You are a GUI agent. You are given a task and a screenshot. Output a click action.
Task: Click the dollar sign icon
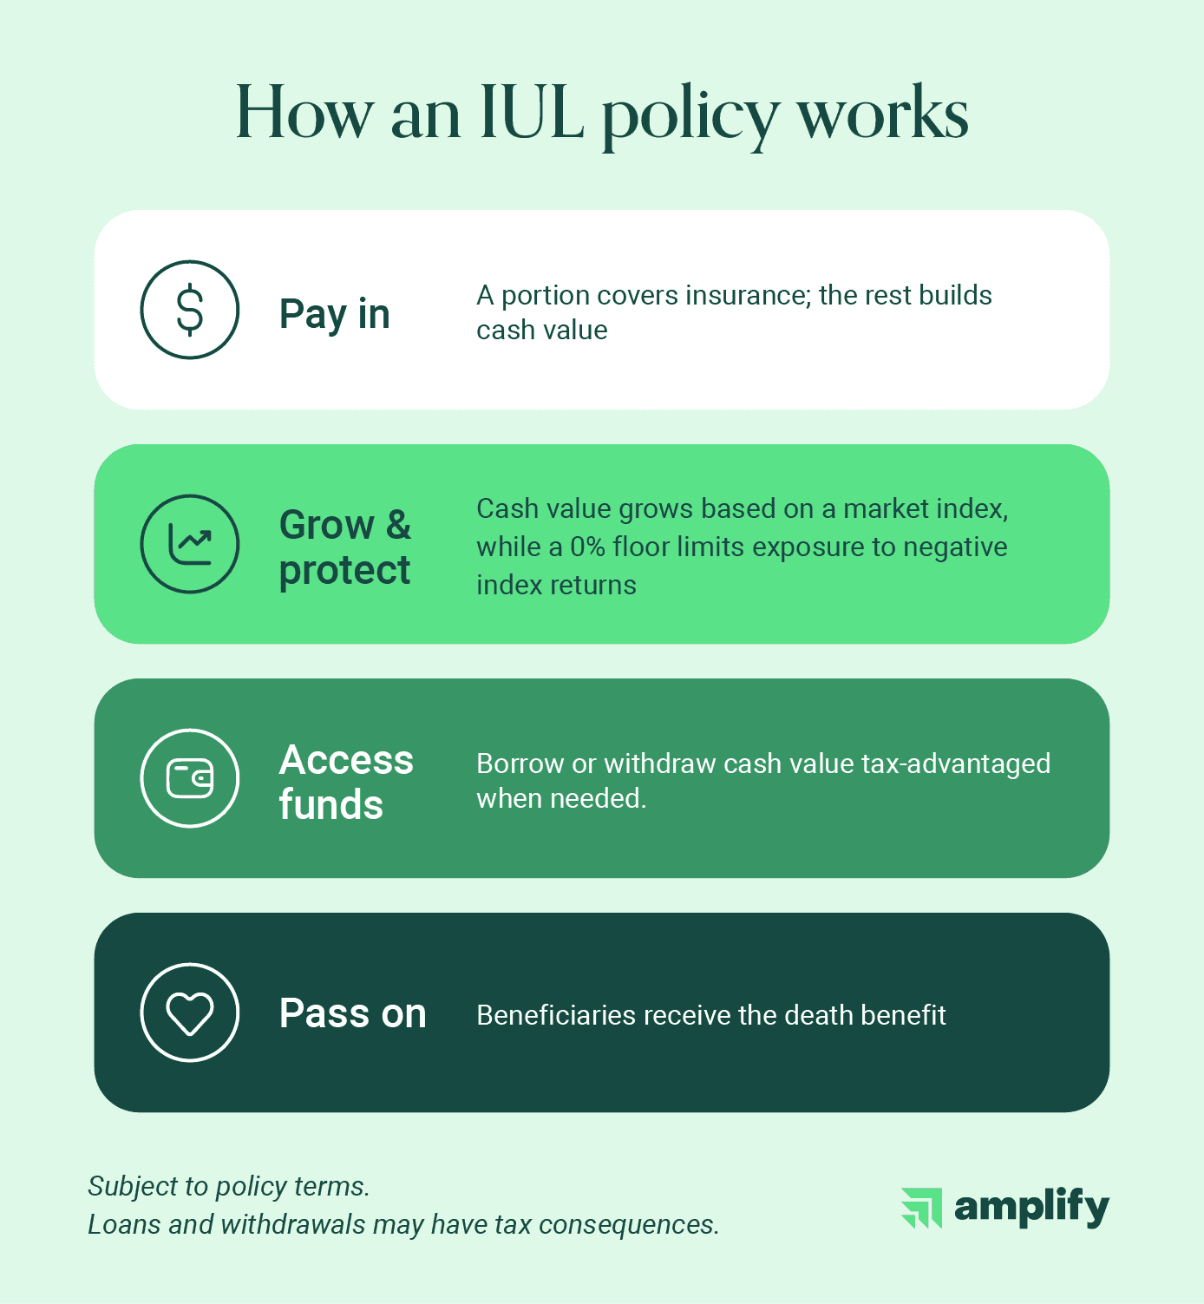(x=189, y=310)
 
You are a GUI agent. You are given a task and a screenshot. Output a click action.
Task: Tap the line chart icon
(x=189, y=544)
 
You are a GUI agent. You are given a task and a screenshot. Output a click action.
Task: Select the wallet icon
(x=189, y=778)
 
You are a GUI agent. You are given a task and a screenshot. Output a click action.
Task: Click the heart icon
(x=189, y=1012)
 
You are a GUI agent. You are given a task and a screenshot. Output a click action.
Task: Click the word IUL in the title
(x=532, y=113)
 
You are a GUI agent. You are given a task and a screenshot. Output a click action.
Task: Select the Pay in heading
(x=334, y=314)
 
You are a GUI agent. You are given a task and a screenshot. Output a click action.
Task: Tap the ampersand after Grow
(x=398, y=525)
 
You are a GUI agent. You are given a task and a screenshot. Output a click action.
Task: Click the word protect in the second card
(x=344, y=571)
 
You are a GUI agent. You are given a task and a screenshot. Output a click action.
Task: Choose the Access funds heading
(x=345, y=782)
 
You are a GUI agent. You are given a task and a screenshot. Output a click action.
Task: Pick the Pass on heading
(x=352, y=1013)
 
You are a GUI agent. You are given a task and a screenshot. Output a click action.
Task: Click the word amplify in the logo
(x=1031, y=1207)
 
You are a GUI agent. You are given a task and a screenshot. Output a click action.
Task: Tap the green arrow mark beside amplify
(x=921, y=1208)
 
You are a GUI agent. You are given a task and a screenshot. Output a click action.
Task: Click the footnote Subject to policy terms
(x=229, y=1186)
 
